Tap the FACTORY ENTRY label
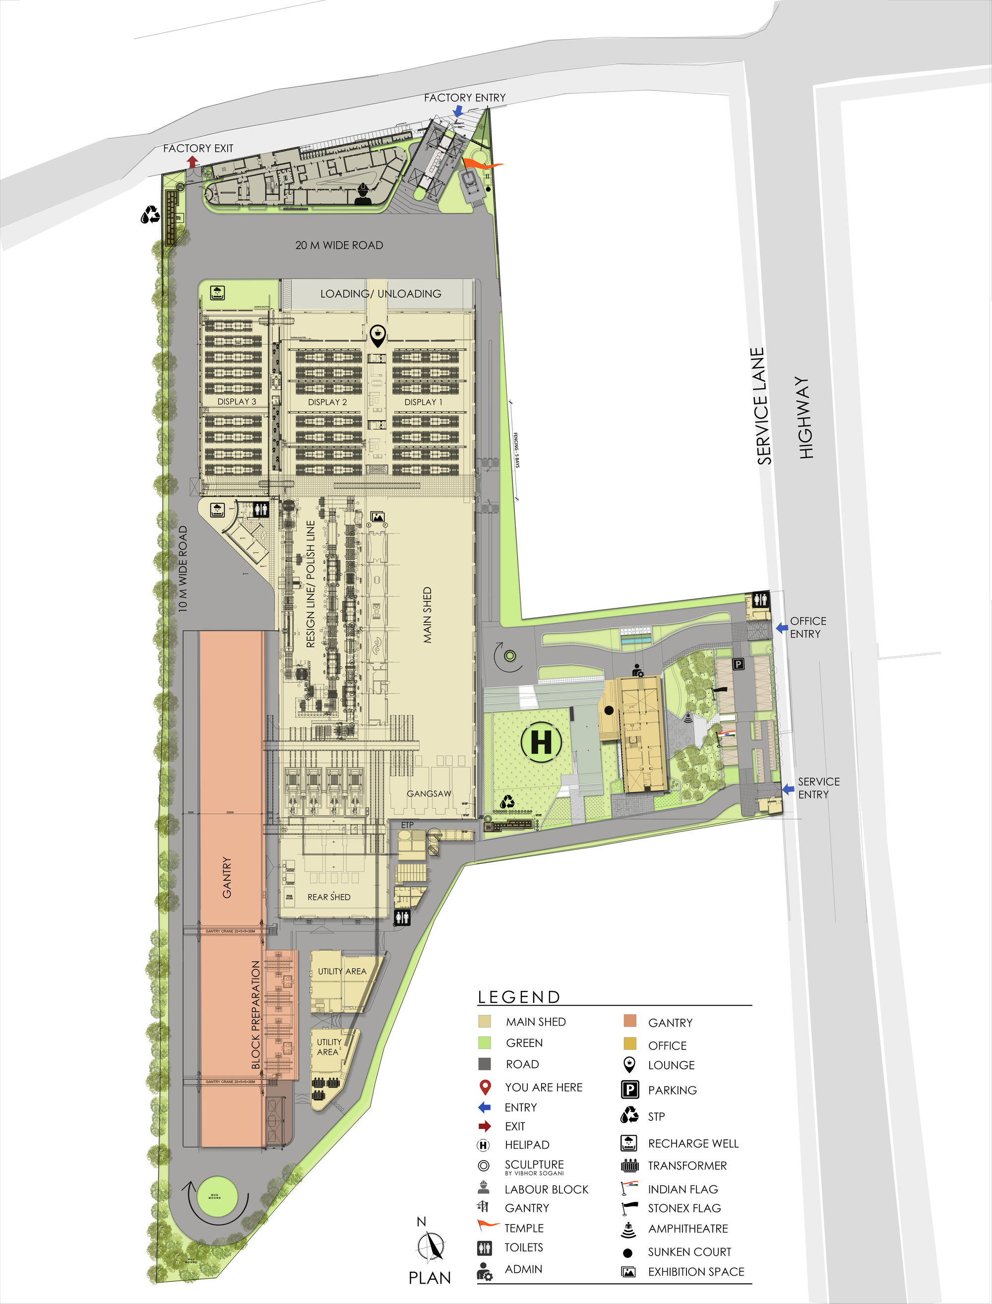click(465, 97)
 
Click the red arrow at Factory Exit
click(192, 161)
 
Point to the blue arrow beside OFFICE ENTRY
click(782, 628)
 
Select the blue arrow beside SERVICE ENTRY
click(788, 789)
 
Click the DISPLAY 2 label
click(327, 402)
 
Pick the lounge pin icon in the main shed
click(378, 335)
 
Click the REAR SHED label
click(329, 897)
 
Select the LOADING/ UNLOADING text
click(381, 294)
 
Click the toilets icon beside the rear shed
click(403, 917)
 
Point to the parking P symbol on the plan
click(738, 664)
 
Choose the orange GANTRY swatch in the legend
click(630, 1021)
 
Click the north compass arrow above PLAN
click(432, 1247)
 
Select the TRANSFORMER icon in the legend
click(630, 1166)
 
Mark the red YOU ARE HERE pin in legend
click(485, 1087)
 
